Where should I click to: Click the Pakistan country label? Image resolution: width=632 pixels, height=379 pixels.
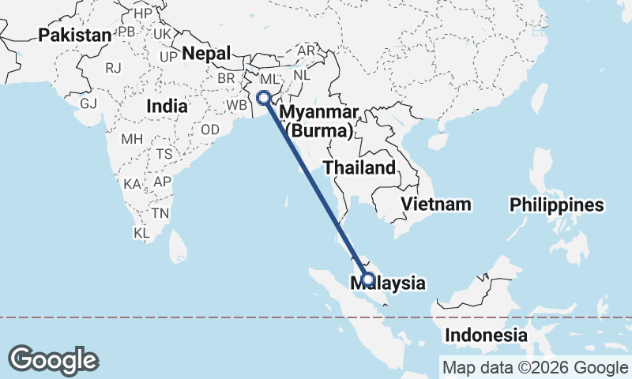[75, 35]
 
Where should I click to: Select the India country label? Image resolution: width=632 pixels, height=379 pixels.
[167, 106]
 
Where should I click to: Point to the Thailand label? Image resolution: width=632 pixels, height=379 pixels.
[359, 167]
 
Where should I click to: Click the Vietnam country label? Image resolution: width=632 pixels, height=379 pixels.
[435, 205]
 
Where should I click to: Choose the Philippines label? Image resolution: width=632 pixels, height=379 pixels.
[556, 205]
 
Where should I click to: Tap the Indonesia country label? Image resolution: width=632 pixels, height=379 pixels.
[486, 335]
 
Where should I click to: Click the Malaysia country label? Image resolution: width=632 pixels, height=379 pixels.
[394, 283]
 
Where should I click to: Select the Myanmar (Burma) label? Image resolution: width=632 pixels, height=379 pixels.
[319, 120]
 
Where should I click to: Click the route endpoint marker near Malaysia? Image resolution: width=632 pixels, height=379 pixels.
[367, 278]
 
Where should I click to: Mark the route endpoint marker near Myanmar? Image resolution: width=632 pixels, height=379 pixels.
[264, 99]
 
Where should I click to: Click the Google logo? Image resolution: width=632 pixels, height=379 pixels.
[53, 360]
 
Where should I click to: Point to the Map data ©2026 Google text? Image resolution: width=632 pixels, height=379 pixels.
[535, 367]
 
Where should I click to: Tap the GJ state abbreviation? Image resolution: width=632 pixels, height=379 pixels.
[88, 103]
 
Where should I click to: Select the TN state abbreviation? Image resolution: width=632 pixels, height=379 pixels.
[160, 213]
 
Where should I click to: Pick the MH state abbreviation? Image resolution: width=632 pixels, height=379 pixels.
[130, 139]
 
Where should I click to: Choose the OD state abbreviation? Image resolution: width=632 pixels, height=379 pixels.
[210, 129]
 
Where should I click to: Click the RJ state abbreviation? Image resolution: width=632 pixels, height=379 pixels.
[114, 68]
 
